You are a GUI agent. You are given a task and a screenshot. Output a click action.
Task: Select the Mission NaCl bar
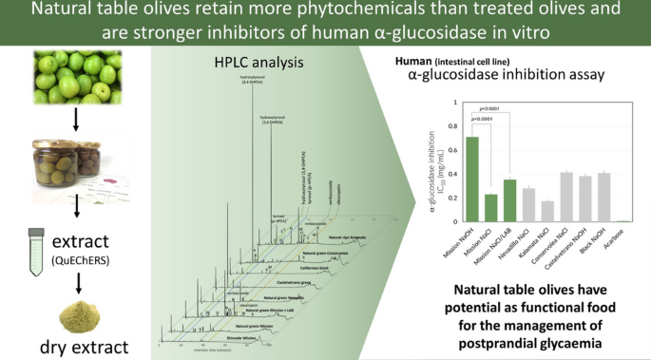point(490,207)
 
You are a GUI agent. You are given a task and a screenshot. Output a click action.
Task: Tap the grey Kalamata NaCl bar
point(546,210)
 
